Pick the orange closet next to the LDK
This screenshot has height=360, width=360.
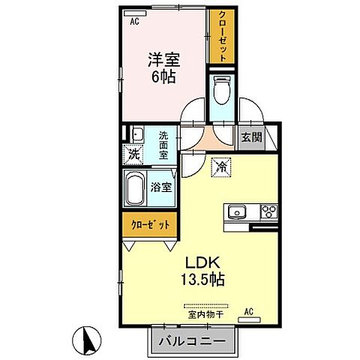pyautogui.click(x=150, y=224)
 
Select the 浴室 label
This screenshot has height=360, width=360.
pyautogui.click(x=163, y=187)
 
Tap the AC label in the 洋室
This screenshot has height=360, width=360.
pyautogui.click(x=135, y=22)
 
